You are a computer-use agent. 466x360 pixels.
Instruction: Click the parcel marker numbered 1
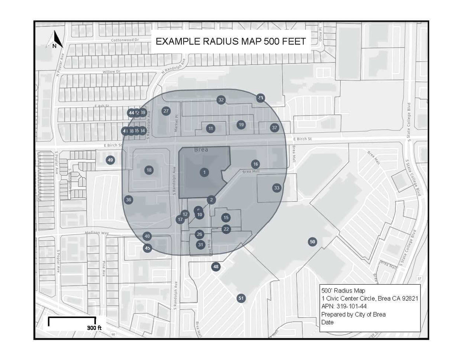pyautogui.click(x=204, y=172)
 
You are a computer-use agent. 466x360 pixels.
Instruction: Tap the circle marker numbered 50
pyautogui.click(x=313, y=242)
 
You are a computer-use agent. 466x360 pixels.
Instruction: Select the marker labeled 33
pyautogui.click(x=276, y=188)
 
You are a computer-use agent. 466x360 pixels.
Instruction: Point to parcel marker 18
pyautogui.click(x=149, y=170)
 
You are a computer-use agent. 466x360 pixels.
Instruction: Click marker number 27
pyautogui.click(x=166, y=111)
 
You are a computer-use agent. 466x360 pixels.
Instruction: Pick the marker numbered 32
pyautogui.click(x=221, y=100)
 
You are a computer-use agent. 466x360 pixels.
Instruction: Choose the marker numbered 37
pyautogui.click(x=275, y=127)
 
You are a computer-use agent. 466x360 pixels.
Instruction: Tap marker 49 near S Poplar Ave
pyautogui.click(x=110, y=160)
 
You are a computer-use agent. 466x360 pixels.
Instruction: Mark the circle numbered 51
pyautogui.click(x=241, y=298)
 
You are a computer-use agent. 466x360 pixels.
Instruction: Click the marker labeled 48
pyautogui.click(x=216, y=267)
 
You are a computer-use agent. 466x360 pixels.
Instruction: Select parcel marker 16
pyautogui.click(x=255, y=164)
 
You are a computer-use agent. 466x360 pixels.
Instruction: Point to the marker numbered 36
pyautogui.click(x=129, y=200)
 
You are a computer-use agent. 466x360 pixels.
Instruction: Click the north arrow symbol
pyautogui.click(x=56, y=40)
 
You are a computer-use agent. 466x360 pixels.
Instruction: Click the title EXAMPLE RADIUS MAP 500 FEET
pyautogui.click(x=231, y=42)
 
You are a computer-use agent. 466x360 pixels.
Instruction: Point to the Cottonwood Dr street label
pyautogui.click(x=125, y=40)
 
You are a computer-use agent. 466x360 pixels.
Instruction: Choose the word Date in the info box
pyautogui.click(x=327, y=322)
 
